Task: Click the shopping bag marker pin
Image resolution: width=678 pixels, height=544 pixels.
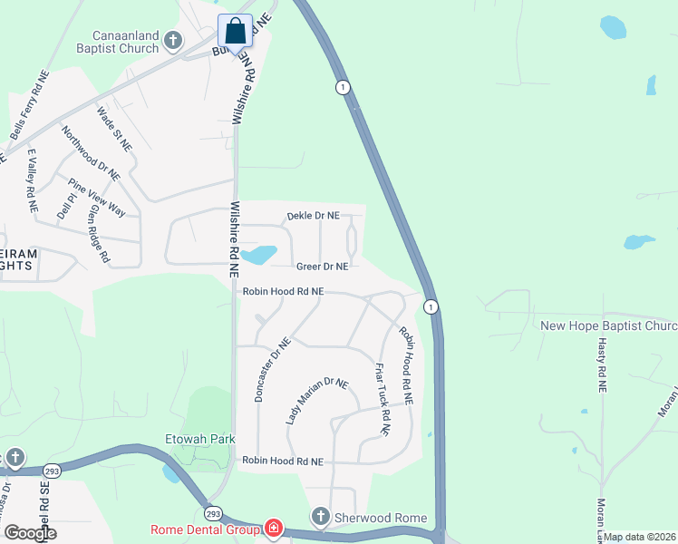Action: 236,32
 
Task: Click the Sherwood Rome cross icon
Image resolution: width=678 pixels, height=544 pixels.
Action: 319,518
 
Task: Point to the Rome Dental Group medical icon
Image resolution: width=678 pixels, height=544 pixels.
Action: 273,529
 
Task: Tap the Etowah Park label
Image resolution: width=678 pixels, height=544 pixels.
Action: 200,439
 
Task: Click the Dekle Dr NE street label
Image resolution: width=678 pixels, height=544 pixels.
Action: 313,216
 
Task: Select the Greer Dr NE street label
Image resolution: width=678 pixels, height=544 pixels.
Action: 322,267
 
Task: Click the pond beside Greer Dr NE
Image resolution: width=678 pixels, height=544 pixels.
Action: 260,255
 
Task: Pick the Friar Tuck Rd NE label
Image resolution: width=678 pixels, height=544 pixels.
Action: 382,400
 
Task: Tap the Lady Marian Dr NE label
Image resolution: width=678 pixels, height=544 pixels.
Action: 316,401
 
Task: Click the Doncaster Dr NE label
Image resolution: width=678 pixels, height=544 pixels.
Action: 272,370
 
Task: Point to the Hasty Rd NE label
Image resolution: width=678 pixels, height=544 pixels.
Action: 601,362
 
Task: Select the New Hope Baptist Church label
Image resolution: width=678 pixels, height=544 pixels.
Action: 608,325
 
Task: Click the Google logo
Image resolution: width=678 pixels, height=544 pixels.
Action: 30,532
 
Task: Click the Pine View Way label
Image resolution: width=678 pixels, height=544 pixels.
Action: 97,197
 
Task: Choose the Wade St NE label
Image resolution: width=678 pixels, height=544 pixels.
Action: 114,129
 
